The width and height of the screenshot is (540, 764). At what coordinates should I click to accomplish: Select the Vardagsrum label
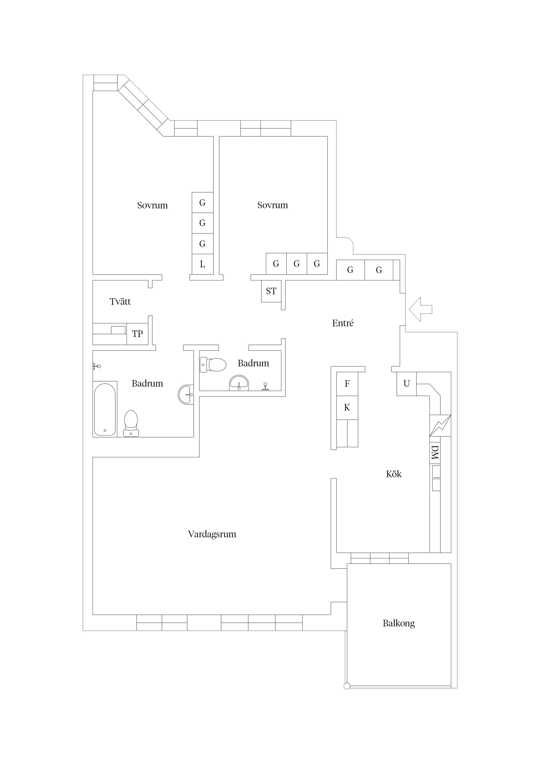tap(212, 534)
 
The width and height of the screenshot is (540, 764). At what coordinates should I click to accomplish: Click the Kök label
tap(394, 474)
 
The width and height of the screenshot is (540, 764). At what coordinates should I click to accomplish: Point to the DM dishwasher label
tap(435, 453)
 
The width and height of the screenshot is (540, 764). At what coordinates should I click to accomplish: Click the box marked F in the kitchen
tap(347, 384)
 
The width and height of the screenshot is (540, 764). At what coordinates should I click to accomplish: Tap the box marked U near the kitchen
tap(406, 384)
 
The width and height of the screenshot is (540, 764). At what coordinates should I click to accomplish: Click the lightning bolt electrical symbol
tap(440, 425)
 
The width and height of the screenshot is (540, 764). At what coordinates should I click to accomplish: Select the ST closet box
tap(271, 291)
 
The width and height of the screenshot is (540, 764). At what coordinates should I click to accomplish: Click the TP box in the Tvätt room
tap(137, 334)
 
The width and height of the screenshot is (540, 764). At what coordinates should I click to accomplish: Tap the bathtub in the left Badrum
tap(105, 409)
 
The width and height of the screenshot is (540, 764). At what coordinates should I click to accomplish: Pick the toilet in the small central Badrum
tap(214, 365)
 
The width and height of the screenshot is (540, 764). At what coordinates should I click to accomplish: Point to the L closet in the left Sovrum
tap(202, 265)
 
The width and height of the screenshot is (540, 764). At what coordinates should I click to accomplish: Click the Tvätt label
tap(120, 301)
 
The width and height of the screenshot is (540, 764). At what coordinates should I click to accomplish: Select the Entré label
tap(343, 323)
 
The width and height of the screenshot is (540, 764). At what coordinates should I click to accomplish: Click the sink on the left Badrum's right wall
tap(186, 394)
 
